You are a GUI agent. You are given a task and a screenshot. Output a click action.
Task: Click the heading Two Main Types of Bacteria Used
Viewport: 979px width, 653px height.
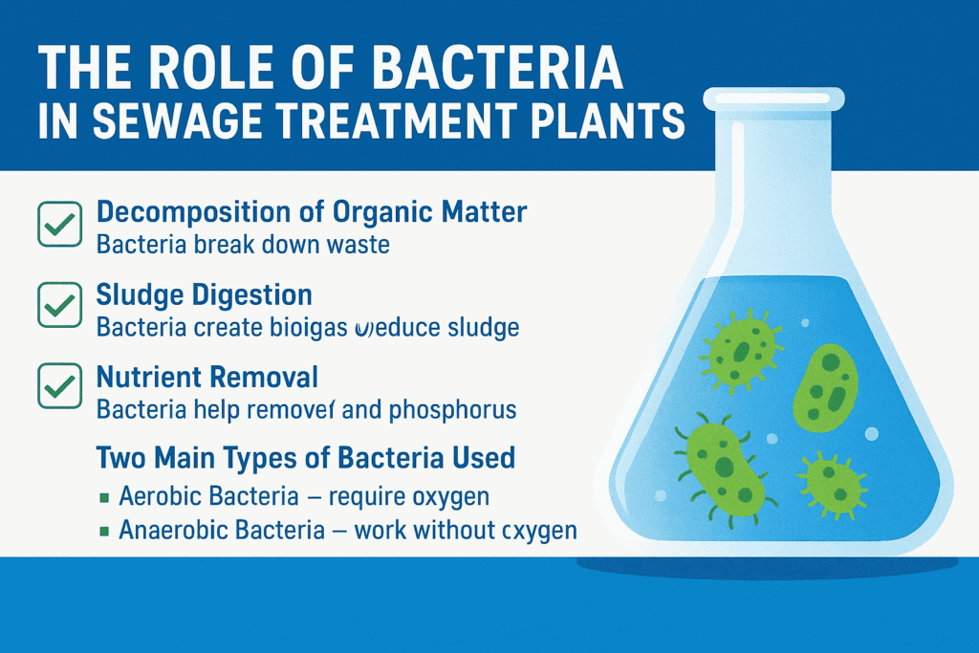(x=306, y=457)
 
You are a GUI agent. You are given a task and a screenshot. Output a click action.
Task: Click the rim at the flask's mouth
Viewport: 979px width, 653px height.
(x=773, y=98)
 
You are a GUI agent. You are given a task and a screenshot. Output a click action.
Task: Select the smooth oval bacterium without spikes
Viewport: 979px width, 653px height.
(x=826, y=384)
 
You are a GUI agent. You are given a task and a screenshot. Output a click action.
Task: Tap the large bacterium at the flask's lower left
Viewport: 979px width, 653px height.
(x=721, y=464)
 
